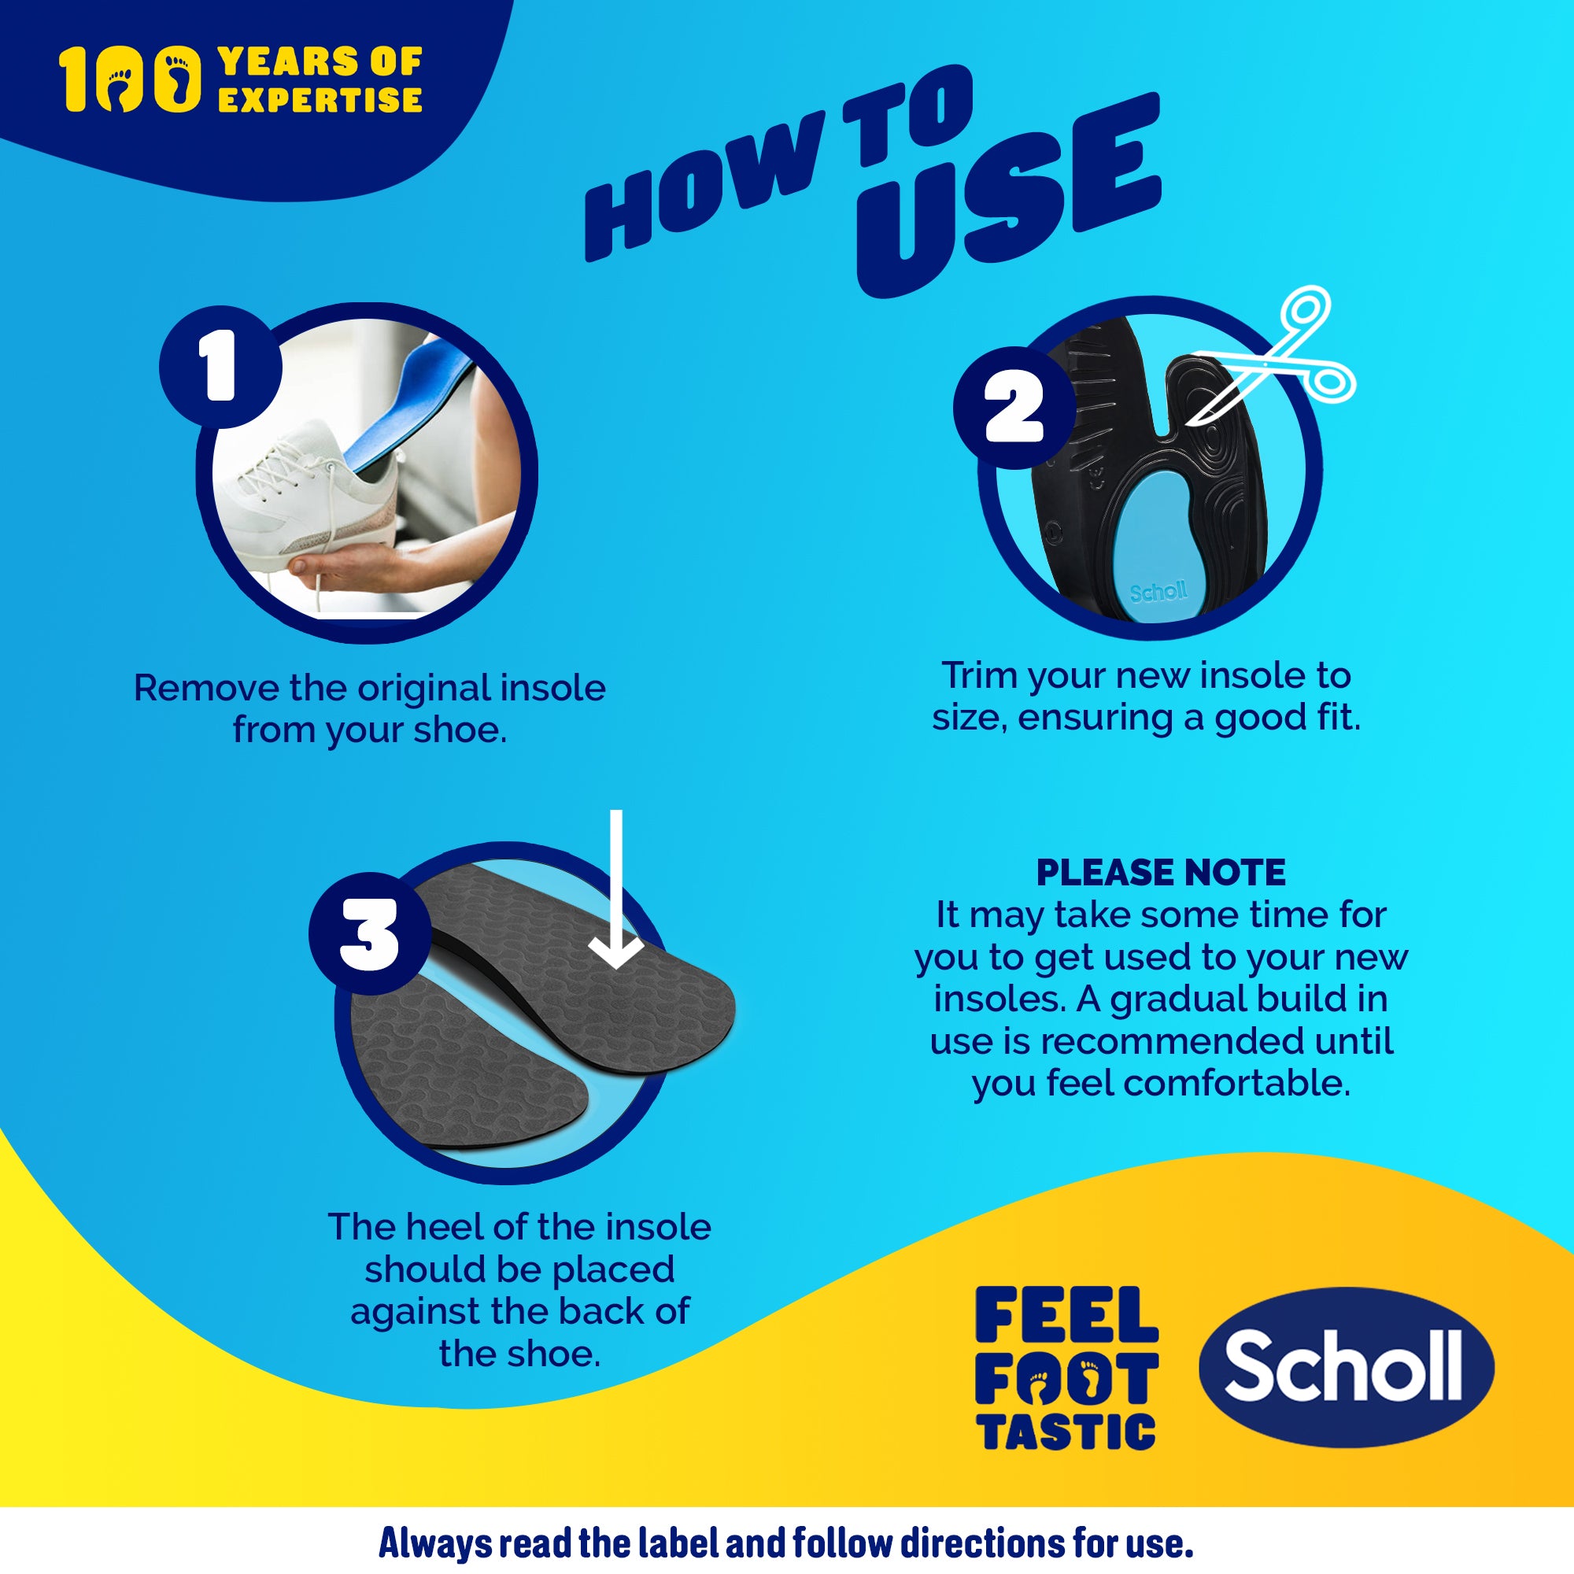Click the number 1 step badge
tap(220, 367)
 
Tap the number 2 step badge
tap(1014, 408)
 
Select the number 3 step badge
tap(369, 933)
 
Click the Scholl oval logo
tap(1346, 1368)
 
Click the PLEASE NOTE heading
tap(1160, 873)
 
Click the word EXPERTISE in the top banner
tap(320, 100)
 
